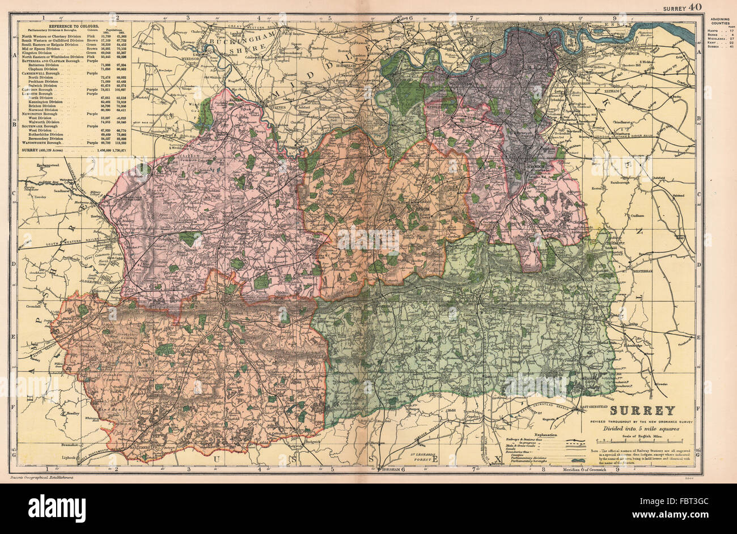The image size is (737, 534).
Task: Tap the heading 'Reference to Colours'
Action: click(74, 27)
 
